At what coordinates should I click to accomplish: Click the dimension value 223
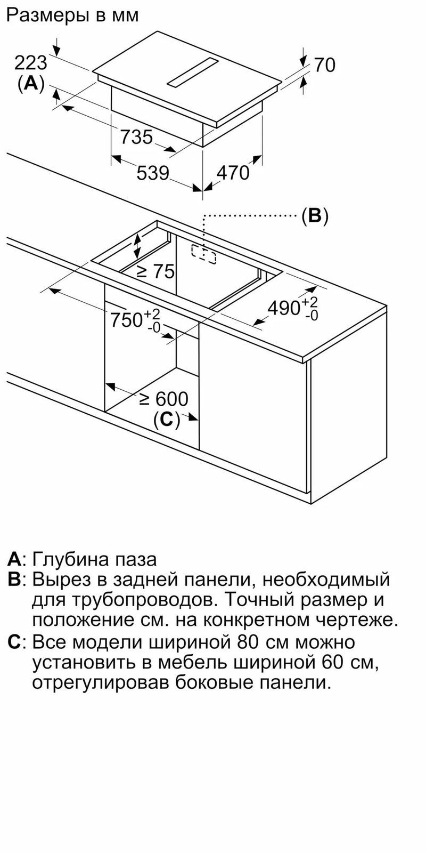click(x=31, y=63)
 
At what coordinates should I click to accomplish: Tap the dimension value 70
click(x=324, y=65)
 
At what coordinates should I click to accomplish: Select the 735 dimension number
click(x=136, y=137)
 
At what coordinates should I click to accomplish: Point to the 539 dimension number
click(x=152, y=173)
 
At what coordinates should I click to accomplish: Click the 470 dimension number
click(x=233, y=173)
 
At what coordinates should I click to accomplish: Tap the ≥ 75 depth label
click(x=155, y=271)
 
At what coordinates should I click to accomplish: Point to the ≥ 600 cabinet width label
click(x=164, y=399)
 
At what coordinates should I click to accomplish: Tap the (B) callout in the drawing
click(x=315, y=216)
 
